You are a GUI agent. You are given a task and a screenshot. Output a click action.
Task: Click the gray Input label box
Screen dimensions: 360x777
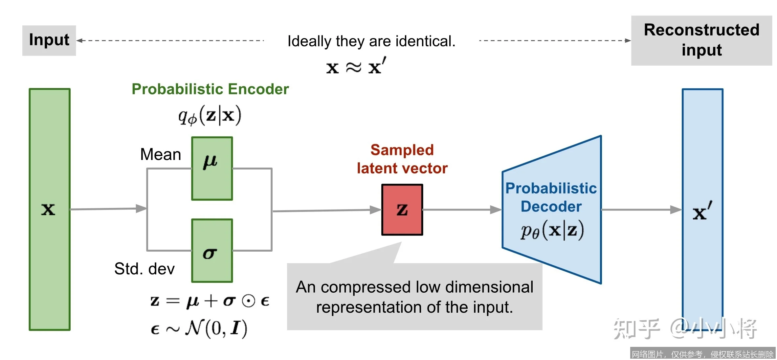click(x=49, y=40)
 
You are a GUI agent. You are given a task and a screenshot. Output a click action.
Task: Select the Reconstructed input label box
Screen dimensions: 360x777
click(x=701, y=40)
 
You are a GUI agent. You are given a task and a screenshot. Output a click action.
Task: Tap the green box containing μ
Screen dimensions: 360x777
click(x=212, y=168)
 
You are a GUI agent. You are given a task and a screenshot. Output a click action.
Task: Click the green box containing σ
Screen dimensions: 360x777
click(x=212, y=250)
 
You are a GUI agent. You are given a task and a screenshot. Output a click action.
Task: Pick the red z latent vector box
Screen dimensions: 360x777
click(x=402, y=210)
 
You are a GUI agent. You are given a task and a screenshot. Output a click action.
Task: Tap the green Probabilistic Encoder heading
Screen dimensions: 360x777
click(x=210, y=89)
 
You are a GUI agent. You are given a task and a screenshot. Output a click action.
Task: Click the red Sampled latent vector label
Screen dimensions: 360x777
click(x=402, y=159)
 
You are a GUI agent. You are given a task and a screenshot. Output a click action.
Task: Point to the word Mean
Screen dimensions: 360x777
click(x=161, y=154)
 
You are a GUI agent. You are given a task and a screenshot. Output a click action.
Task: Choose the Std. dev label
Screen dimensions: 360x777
click(x=144, y=269)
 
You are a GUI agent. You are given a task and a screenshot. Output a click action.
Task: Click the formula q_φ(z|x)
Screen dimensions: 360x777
click(x=210, y=116)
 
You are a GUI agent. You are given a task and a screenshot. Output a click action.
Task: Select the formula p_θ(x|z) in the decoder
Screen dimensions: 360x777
click(x=552, y=230)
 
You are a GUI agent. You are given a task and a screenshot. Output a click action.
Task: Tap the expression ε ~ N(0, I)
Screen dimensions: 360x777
click(x=199, y=328)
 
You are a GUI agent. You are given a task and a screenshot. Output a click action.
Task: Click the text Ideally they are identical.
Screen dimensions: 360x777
click(x=371, y=41)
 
